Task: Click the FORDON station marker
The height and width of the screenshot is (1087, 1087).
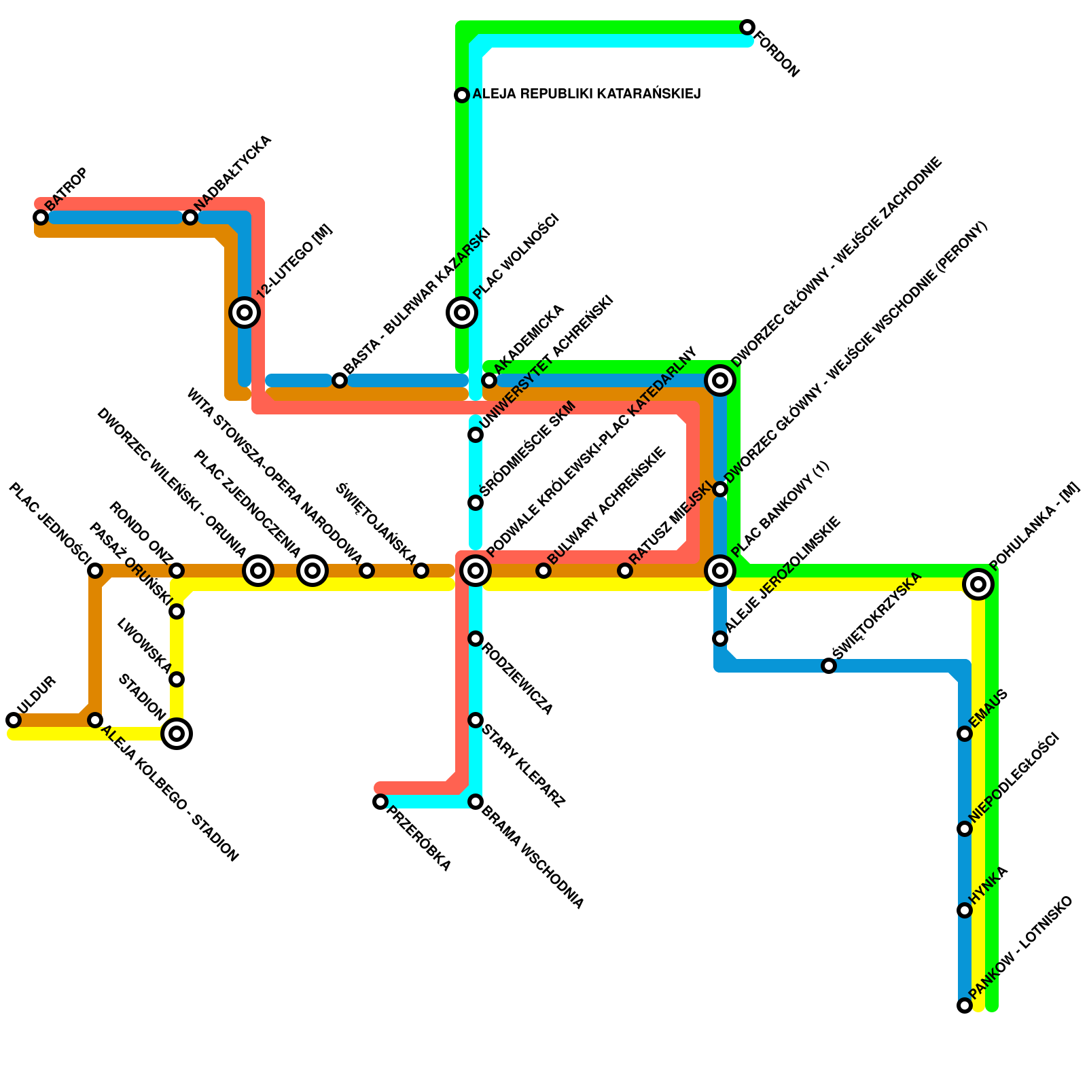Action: pos(747,27)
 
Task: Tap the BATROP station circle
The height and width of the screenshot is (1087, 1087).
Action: pos(41,217)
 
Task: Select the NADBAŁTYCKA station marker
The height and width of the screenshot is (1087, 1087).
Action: pos(190,217)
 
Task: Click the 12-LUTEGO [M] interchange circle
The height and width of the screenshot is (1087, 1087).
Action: pos(245,313)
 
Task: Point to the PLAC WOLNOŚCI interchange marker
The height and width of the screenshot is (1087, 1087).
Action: pos(462,313)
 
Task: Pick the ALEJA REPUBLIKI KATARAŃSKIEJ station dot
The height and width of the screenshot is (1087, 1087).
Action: pos(462,95)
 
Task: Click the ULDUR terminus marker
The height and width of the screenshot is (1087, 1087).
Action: pos(14,720)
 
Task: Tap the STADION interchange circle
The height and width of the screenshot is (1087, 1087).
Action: pos(177,734)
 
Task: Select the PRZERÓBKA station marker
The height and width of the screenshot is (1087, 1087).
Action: pos(380,802)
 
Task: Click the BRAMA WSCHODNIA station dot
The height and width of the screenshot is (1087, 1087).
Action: pos(476,802)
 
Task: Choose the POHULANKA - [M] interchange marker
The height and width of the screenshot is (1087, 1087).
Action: pos(978,584)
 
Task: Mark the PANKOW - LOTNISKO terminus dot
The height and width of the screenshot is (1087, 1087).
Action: pos(965,1005)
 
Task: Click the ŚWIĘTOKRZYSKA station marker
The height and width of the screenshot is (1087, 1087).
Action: pos(829,666)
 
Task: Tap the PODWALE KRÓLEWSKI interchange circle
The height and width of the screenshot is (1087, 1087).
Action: pos(476,571)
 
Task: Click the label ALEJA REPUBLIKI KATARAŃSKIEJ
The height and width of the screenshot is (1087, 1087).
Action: pos(586,94)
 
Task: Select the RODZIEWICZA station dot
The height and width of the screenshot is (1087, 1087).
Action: pos(476,639)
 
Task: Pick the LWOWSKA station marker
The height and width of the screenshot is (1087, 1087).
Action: pos(177,679)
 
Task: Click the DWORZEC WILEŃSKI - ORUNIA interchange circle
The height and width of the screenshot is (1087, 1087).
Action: pos(258,571)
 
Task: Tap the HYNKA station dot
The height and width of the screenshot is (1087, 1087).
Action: pos(965,910)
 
